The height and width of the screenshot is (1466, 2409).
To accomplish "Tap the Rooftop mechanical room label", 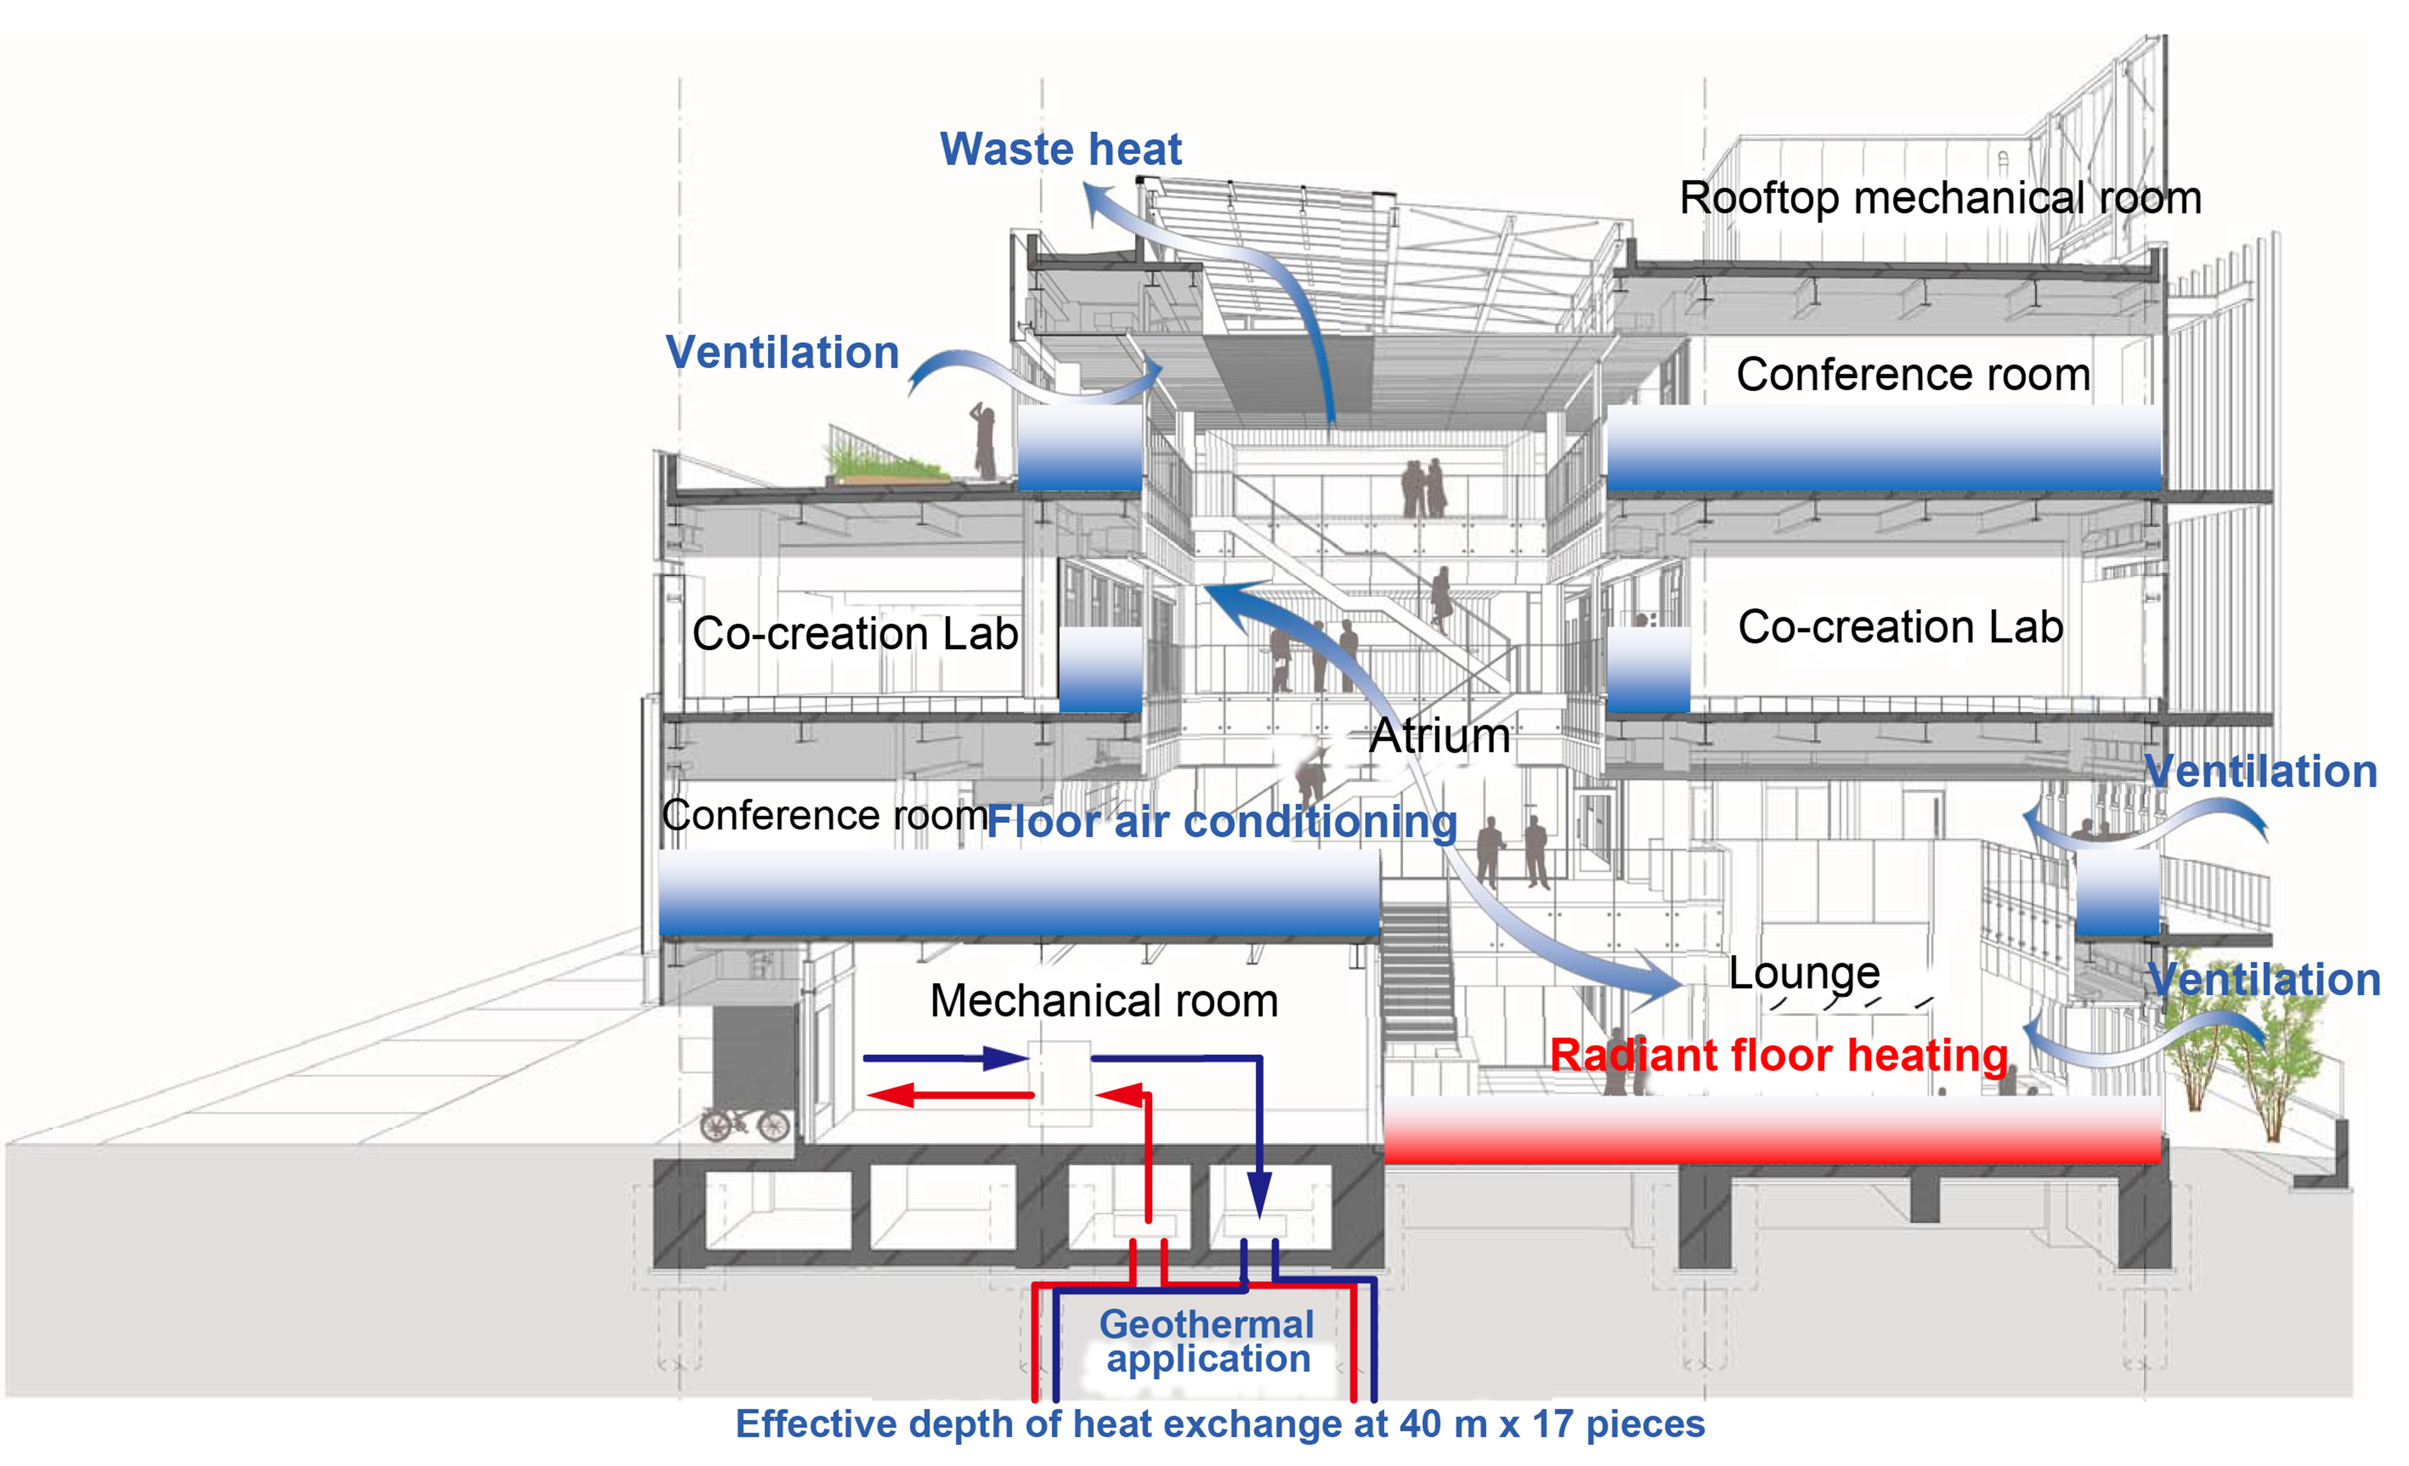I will coord(1940,198).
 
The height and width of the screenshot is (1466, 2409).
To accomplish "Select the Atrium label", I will coord(1439,736).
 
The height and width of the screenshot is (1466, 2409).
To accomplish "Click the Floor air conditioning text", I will coord(1222,821).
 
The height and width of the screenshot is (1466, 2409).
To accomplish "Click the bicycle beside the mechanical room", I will coord(745,1124).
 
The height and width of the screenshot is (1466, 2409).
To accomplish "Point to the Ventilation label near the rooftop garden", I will coord(782,352).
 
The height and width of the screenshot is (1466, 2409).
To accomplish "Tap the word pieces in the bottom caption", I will coord(1645,1424).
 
